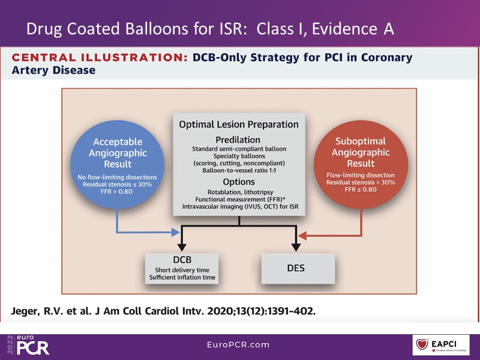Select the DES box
tap(296, 268)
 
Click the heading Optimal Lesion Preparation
tap(239, 125)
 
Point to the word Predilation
tap(239, 139)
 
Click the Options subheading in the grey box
tap(239, 182)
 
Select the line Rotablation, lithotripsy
tap(239, 193)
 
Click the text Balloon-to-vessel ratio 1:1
tap(239, 170)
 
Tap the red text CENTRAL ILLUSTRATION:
tap(98, 58)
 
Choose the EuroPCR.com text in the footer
tap(239, 345)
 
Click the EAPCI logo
tap(440, 346)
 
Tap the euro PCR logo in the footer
tap(31, 345)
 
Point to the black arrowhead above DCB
tap(182, 246)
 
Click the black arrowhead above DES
tap(296, 246)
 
